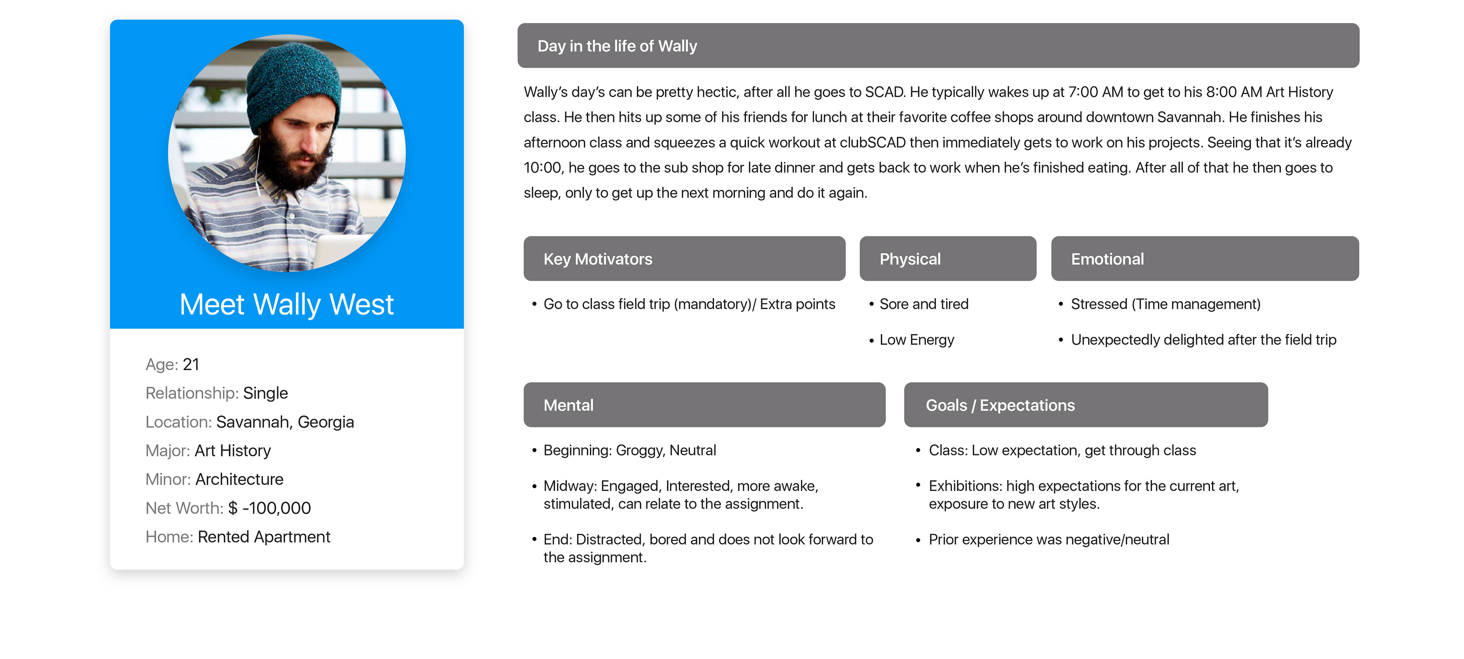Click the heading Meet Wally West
click(286, 305)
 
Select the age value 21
click(191, 364)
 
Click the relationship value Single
click(265, 393)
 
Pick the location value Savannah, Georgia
click(285, 422)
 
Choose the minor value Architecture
click(239, 479)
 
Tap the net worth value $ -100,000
click(270, 508)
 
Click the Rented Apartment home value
click(264, 537)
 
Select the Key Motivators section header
click(684, 258)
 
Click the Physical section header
click(948, 258)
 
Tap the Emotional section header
click(1205, 258)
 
